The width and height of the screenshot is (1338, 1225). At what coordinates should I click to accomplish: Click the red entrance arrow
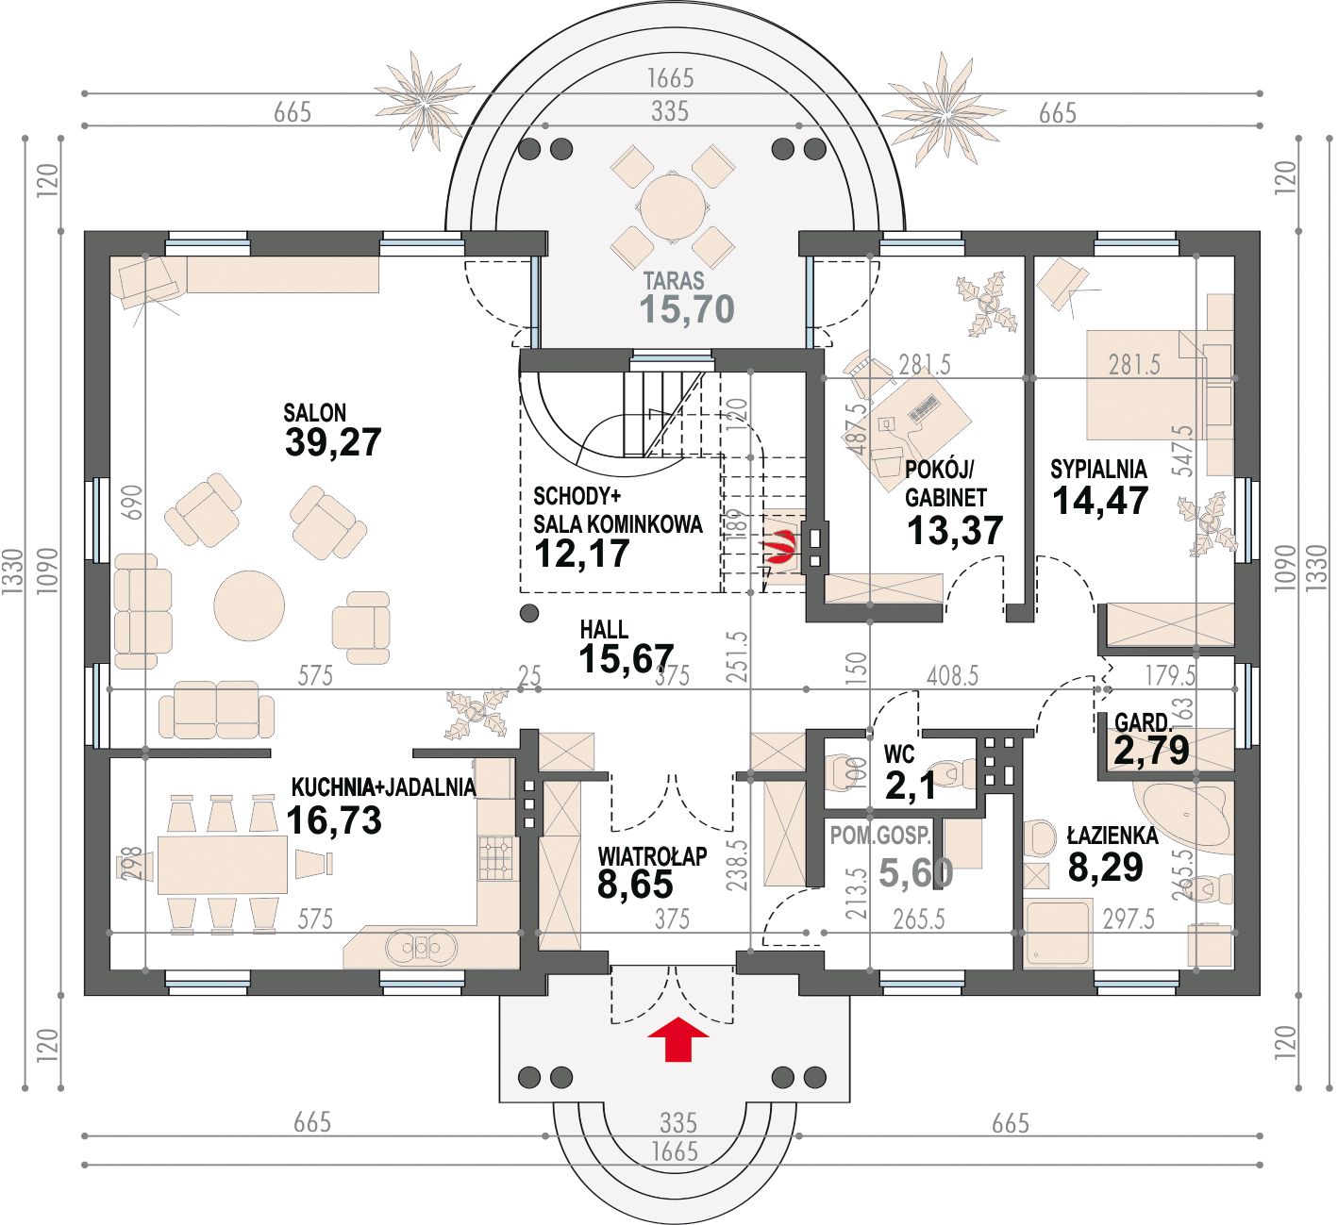click(677, 1038)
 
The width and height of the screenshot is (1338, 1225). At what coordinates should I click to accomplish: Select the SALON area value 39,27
click(333, 442)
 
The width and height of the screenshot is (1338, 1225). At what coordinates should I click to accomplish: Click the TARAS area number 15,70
click(687, 308)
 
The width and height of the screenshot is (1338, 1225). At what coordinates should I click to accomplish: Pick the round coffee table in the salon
click(249, 606)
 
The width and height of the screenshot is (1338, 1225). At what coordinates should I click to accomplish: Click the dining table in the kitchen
click(223, 865)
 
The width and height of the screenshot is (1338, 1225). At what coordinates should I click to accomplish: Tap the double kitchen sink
click(422, 947)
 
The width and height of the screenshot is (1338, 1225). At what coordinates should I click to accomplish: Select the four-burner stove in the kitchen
click(496, 858)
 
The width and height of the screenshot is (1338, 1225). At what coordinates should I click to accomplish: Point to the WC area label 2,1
click(910, 787)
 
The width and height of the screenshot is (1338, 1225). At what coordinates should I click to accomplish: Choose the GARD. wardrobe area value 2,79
click(1152, 751)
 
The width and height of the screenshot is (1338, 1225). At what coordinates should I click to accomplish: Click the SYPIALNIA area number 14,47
click(1100, 501)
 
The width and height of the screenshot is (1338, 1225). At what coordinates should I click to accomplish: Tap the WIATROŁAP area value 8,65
click(635, 885)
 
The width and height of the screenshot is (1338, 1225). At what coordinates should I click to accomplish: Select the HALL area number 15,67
click(627, 659)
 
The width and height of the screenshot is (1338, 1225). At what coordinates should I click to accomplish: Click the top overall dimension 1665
click(670, 78)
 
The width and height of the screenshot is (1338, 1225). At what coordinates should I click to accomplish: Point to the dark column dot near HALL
click(529, 613)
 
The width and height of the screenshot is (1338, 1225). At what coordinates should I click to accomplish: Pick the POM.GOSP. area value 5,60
click(916, 873)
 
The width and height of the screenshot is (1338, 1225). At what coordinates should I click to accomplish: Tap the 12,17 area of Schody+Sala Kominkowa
click(582, 554)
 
